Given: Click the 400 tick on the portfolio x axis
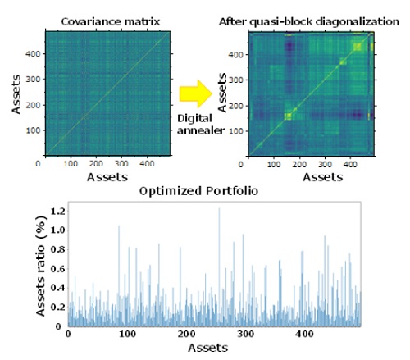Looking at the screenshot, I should (x=304, y=335).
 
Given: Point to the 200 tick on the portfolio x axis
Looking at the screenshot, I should (x=186, y=335).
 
